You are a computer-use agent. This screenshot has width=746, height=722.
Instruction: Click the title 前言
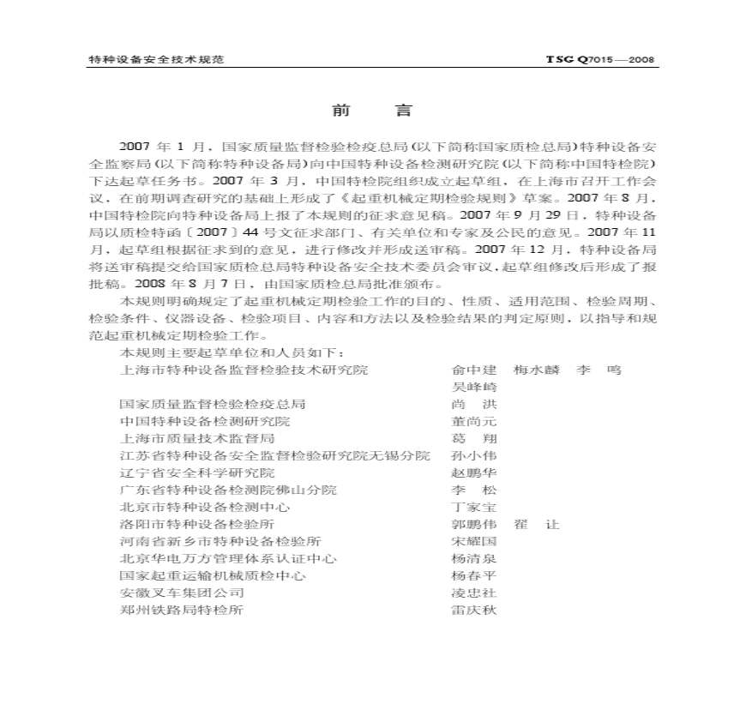[x=372, y=111]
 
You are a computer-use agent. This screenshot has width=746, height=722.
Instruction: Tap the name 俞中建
[x=473, y=370]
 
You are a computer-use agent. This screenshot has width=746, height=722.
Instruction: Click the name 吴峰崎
[x=473, y=387]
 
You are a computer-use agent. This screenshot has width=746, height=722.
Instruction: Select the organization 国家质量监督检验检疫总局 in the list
[x=213, y=404]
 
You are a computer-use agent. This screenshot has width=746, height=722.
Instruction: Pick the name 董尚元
[x=473, y=421]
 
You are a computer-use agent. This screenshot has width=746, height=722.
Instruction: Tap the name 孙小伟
[x=473, y=455]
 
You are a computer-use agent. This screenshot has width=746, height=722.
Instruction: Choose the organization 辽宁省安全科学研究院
[x=197, y=472]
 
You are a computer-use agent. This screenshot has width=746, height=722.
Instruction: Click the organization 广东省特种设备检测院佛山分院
[x=228, y=490]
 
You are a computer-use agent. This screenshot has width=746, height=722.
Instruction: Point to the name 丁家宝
[x=473, y=507]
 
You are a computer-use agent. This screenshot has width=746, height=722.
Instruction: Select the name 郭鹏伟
[x=473, y=524]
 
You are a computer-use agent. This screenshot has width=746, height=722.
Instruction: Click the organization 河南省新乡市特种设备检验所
[x=220, y=541]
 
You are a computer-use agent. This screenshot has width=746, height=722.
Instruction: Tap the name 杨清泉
[x=473, y=558]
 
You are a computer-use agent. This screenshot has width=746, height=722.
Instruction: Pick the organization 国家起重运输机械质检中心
[x=213, y=575]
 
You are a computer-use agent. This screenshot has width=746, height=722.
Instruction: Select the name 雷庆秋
[x=473, y=610]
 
